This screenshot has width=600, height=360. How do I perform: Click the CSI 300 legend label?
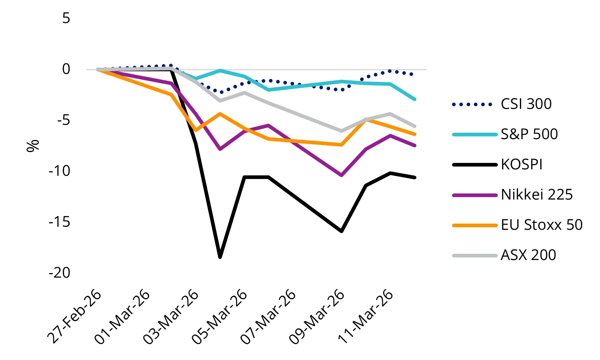pos(526,104)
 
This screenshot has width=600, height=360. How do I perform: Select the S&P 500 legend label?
pos(529,134)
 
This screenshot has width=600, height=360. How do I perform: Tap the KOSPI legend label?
pos(521,164)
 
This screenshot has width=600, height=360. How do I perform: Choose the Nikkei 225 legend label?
pos(537,195)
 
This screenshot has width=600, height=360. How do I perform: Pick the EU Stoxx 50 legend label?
pos(541,225)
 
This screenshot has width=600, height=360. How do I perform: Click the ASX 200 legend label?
pos(528,255)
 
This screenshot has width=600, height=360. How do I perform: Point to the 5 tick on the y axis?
pos(66,18)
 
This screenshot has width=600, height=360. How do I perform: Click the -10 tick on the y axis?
pos(60,171)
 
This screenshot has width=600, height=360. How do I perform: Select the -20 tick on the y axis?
pos(60,272)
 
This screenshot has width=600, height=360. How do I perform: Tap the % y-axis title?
pos(33,145)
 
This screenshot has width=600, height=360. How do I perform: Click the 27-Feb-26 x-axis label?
pos(75,317)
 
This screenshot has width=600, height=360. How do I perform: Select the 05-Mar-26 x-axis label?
pos(220,317)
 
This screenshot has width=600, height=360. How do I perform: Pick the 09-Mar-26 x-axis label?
pos(317,317)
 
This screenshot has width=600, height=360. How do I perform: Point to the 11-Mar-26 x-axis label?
pos(366,317)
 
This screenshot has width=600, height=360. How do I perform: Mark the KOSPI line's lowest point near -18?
pos(220,257)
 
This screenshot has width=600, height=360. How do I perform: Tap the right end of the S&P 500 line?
pos(415,99)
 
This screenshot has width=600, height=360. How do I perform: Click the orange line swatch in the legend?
pos(475,225)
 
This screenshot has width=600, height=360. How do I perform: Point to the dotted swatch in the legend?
pos(472,105)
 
